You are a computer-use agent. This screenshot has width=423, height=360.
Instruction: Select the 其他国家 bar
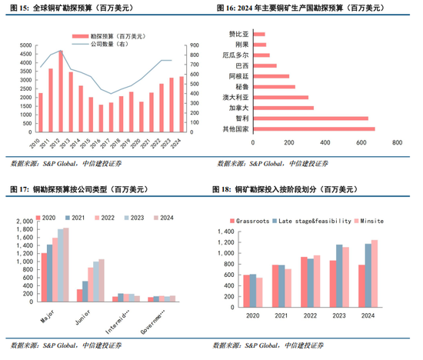(313, 128)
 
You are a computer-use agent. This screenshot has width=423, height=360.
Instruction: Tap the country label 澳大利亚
(234, 97)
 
